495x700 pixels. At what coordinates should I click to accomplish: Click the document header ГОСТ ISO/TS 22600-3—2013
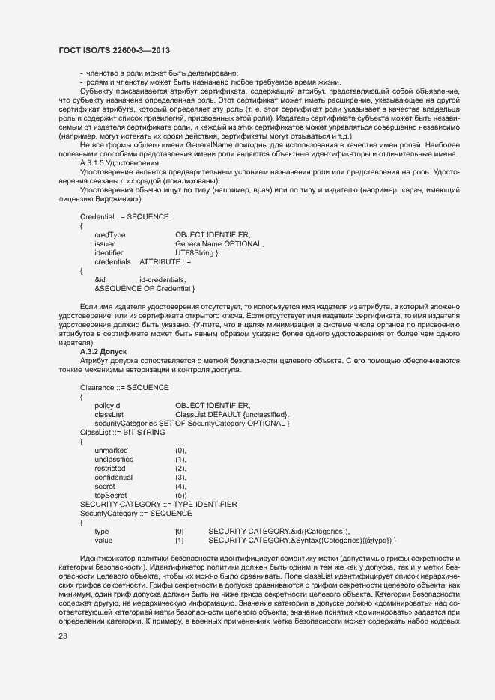pyautogui.click(x=114, y=50)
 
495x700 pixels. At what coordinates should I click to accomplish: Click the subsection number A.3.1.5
pyautogui.click(x=96, y=162)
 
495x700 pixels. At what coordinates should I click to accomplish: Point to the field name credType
pyautogui.click(x=110, y=234)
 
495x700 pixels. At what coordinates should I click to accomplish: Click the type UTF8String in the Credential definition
pyautogui.click(x=195, y=252)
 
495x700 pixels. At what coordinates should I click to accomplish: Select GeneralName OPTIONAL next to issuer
pyautogui.click(x=219, y=243)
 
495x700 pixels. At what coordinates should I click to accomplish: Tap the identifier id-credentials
pyautogui.click(x=163, y=279)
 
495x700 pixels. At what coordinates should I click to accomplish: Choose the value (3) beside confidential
pyautogui.click(x=180, y=477)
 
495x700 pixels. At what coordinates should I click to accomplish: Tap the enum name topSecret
pyautogui.click(x=111, y=495)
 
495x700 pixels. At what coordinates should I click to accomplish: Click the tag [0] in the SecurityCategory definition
pyautogui.click(x=179, y=531)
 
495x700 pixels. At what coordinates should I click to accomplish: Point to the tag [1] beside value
pyautogui.click(x=179, y=540)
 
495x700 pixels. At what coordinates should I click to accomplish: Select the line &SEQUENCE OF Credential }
pyautogui.click(x=145, y=288)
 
